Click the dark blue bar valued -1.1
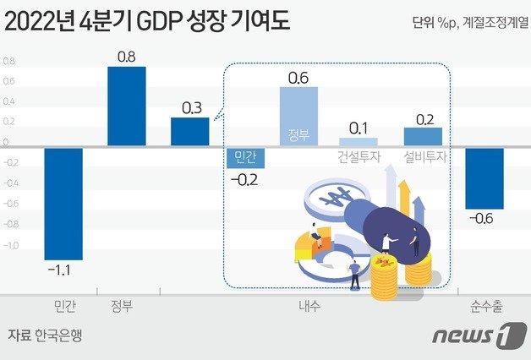pyautogui.click(x=63, y=203)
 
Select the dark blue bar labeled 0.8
pyautogui.click(x=127, y=106)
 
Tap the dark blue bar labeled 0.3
pyautogui.click(x=190, y=132)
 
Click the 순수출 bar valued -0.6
pyautogui.click(x=484, y=178)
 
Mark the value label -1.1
pyautogui.click(x=63, y=270)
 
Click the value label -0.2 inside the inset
pyautogui.click(x=246, y=178)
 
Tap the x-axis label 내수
pyautogui.click(x=309, y=304)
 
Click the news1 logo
pyautogui.click(x=473, y=335)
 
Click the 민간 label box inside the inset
pyautogui.click(x=246, y=156)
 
